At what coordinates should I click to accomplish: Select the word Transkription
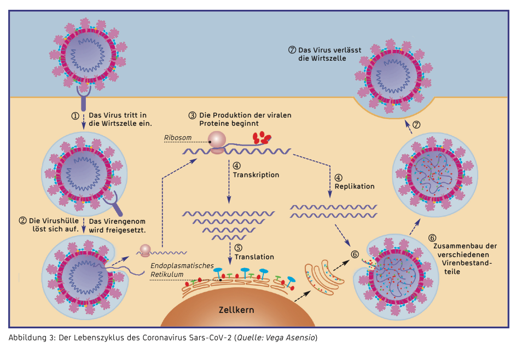pos(256,175)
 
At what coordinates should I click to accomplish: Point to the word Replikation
pos(355,187)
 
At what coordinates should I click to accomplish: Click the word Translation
pos(254,257)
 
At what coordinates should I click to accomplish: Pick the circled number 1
pos(76,116)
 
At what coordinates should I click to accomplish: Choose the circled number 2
pos(22,221)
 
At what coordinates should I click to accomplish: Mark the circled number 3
pos(192,115)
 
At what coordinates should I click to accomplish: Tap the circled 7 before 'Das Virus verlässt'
pos(292,50)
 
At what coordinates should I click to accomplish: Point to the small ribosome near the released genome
pos(145,250)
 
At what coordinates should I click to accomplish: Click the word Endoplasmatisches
pos(182,265)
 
